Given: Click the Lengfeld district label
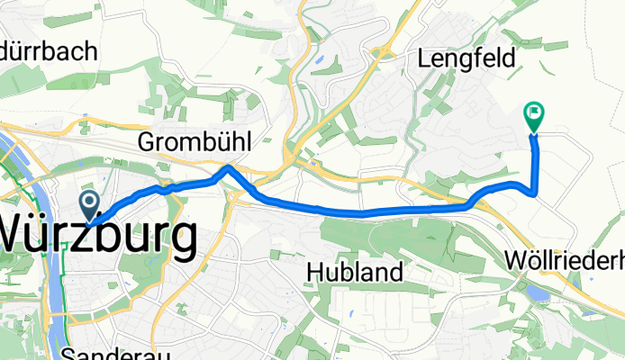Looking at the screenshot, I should coord(466,59).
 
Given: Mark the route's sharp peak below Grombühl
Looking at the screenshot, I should coord(229,166).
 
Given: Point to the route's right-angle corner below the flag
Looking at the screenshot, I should coord(536,192).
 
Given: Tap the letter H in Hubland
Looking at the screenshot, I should coord(314,246).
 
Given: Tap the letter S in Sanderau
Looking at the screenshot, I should coord(73,353).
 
